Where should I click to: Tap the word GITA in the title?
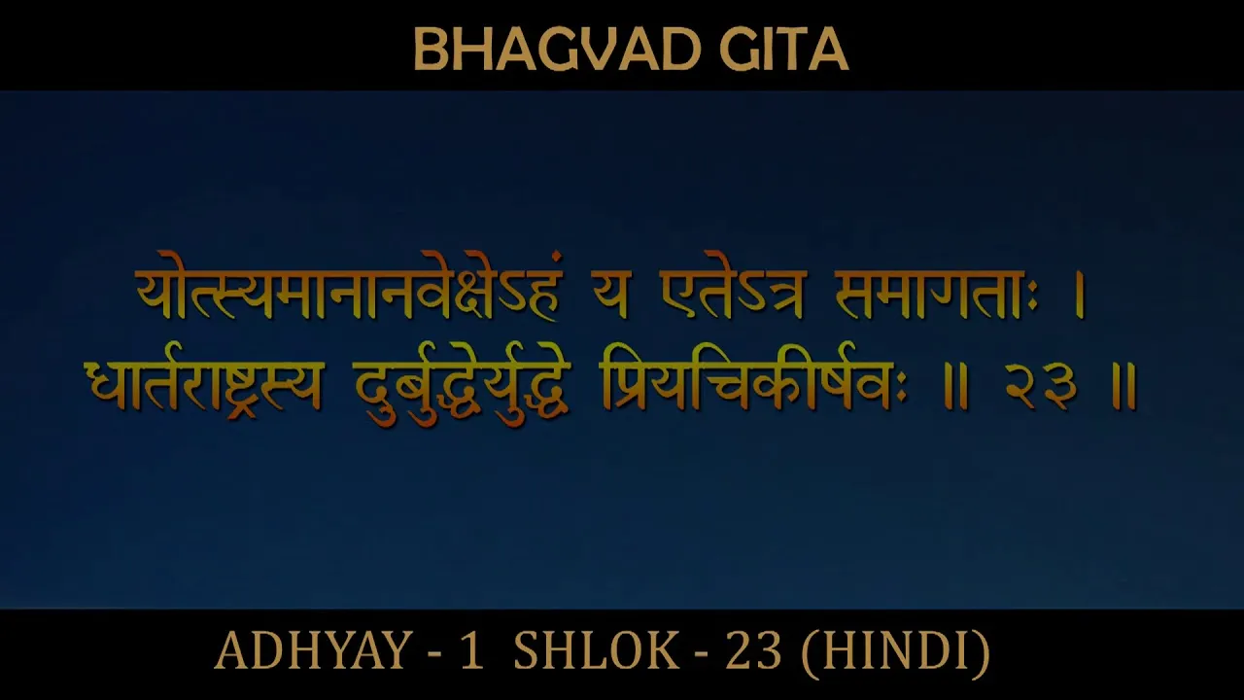[x=784, y=50]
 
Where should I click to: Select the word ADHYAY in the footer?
[x=313, y=650]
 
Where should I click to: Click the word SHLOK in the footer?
[x=597, y=650]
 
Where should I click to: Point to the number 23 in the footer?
[x=753, y=650]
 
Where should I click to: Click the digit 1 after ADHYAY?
[x=472, y=650]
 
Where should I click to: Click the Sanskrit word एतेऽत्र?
[x=733, y=294]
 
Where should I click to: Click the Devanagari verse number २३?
[x=1042, y=386]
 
